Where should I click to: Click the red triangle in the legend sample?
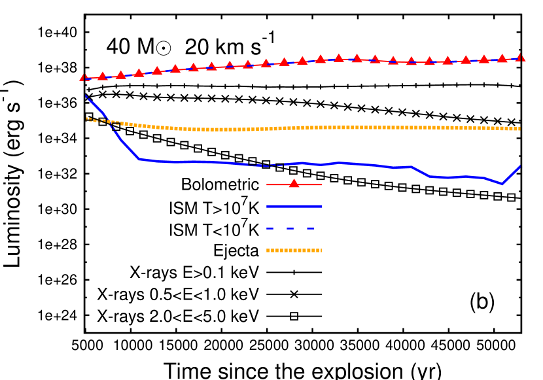point(294,184)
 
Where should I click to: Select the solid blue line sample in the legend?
point(294,207)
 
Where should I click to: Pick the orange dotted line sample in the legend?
point(294,250)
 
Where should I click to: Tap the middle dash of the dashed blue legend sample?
point(290,229)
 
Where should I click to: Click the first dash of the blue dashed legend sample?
point(270,229)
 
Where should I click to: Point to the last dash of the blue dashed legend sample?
point(310,229)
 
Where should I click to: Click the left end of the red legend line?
point(267,184)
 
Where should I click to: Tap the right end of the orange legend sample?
point(321,250)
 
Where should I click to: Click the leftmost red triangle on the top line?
point(84,77)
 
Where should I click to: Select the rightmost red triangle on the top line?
point(520,58)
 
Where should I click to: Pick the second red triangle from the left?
point(103,77)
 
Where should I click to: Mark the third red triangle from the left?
point(121,75)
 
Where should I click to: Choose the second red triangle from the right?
point(502,58)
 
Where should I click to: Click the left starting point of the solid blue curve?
point(85,95)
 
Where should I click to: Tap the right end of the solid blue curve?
point(520,166)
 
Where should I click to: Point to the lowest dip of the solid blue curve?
point(502,184)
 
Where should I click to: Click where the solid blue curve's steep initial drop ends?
point(139,159)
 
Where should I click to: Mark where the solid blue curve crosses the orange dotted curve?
point(112,122)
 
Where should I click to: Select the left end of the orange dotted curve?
point(86,118)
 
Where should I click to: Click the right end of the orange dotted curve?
point(520,129)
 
